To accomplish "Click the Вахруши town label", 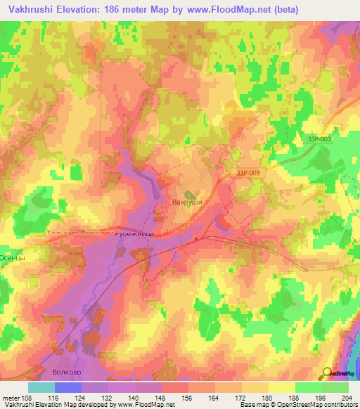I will (x=188, y=202).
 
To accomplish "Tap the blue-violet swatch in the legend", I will (x=67, y=387).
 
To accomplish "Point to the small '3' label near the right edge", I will (x=335, y=130).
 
